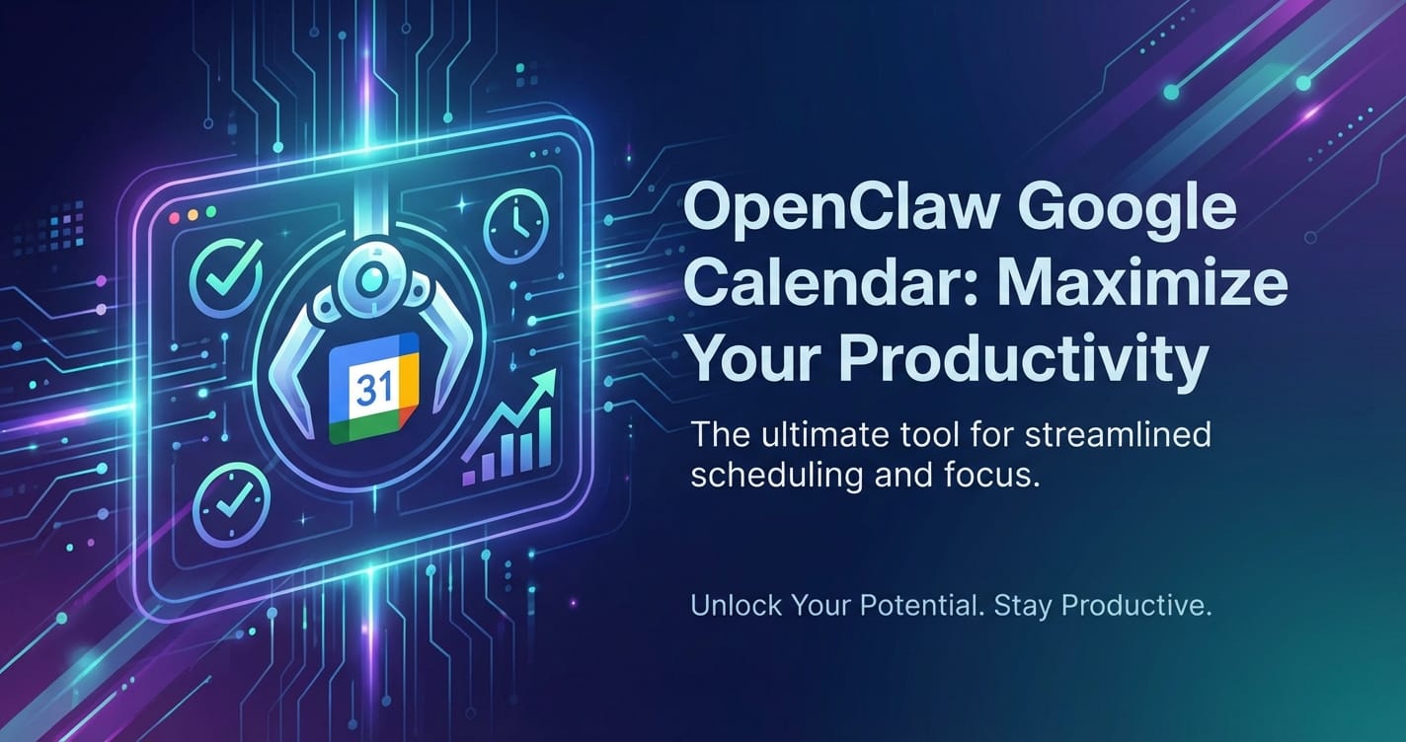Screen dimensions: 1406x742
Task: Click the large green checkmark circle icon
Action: tap(226, 277)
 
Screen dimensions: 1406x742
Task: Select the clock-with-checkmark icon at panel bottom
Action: tap(231, 504)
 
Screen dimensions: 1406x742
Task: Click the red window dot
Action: tap(175, 217)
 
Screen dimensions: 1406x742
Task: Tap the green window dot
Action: tap(211, 212)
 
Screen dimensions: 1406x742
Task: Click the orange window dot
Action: tap(194, 214)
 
